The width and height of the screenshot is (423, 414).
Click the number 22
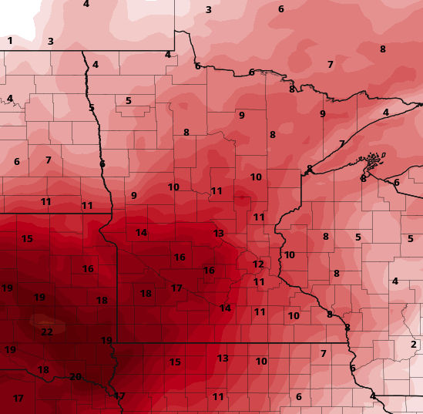pyautogui.click(x=47, y=332)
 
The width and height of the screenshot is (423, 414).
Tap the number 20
pyautogui.click(x=76, y=377)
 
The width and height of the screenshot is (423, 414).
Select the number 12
pyautogui.click(x=258, y=264)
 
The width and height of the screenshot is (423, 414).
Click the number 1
pyautogui.click(x=10, y=41)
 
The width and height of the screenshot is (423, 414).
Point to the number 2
pyautogui.click(x=413, y=345)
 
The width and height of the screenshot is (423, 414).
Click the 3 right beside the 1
pyautogui.click(x=50, y=42)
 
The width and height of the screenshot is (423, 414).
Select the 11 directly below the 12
pyautogui.click(x=259, y=282)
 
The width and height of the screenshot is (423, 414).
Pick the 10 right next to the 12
pyautogui.click(x=289, y=255)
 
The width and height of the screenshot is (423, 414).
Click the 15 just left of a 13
pyautogui.click(x=175, y=362)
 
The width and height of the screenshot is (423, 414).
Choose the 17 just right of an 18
pyautogui.click(x=176, y=288)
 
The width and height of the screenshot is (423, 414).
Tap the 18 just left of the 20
pyautogui.click(x=43, y=370)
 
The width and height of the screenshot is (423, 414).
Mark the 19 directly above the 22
pyautogui.click(x=39, y=298)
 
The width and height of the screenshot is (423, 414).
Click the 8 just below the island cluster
pyautogui.click(x=363, y=179)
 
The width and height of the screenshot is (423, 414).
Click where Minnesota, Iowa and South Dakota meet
pyautogui.click(x=116, y=342)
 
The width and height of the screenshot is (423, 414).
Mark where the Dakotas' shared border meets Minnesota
pyautogui.click(x=102, y=213)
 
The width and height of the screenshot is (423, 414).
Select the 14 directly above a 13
pyautogui.click(x=224, y=308)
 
